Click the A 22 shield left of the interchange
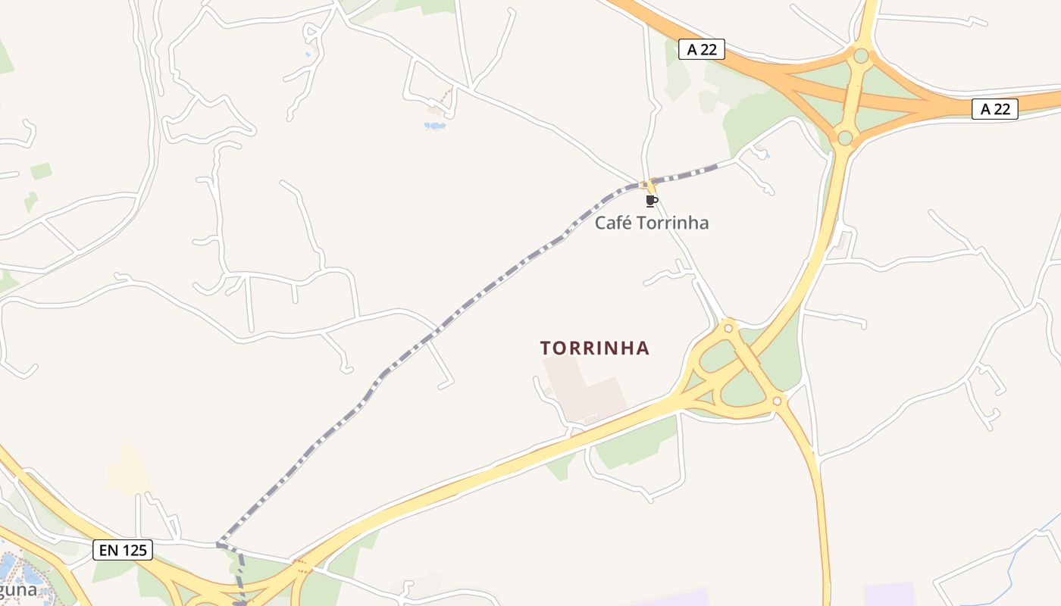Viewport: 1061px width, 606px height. [x=702, y=50]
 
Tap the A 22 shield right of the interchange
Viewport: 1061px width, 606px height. [x=995, y=109]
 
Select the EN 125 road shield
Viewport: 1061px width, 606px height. [x=123, y=550]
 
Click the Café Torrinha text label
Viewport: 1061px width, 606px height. [x=652, y=223]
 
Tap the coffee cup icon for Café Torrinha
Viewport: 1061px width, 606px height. [x=651, y=201]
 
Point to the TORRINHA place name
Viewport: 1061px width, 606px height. [x=595, y=348]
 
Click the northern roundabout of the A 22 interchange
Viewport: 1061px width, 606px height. [x=861, y=55]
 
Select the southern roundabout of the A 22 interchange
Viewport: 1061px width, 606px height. [x=845, y=137]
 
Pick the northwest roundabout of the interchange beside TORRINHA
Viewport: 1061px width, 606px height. [x=728, y=327]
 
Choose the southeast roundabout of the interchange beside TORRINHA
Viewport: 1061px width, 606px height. [x=778, y=401]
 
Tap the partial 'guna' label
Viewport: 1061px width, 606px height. [x=18, y=589]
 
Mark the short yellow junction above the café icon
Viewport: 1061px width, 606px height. [x=648, y=185]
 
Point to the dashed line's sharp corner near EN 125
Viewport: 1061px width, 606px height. [x=218, y=544]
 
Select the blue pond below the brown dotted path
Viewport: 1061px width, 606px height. [x=435, y=125]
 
